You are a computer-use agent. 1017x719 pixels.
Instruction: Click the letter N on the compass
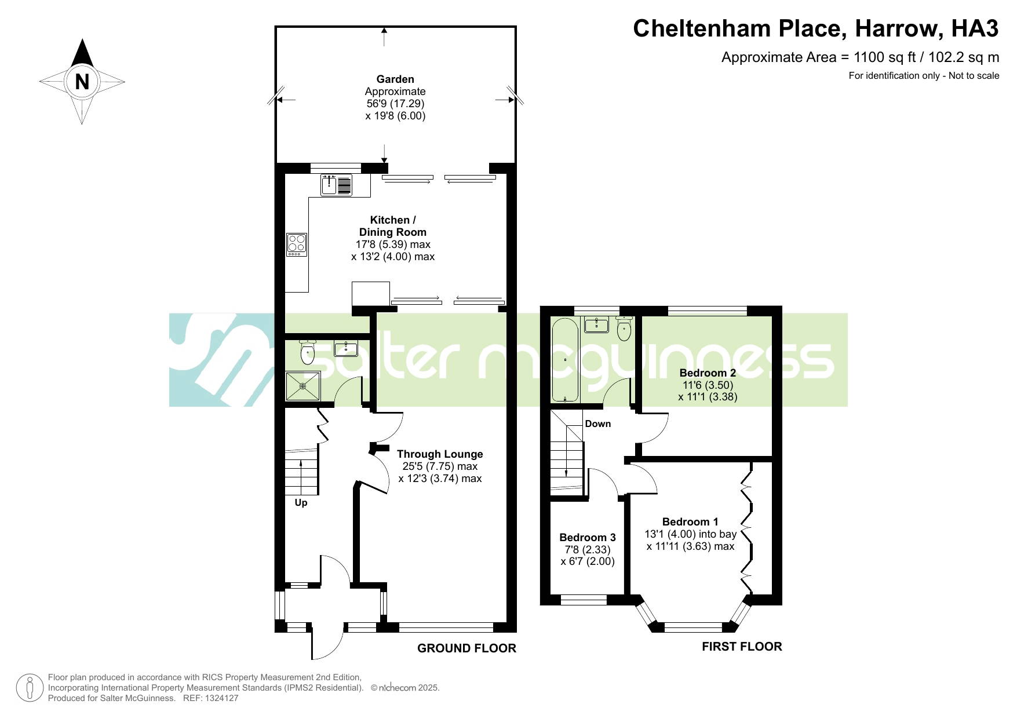82,82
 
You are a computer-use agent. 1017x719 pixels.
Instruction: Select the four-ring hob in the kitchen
297,244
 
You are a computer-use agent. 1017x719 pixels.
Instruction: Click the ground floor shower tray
302,386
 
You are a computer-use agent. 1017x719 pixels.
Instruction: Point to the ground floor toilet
307,351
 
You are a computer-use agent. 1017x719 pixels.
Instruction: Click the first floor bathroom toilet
624,329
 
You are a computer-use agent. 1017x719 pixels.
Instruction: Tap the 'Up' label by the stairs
301,503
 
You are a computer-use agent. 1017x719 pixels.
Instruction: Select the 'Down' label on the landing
598,424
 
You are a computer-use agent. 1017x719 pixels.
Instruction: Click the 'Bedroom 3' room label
588,538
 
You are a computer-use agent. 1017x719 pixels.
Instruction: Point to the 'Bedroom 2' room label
708,373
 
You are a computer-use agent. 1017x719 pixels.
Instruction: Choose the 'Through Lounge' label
440,454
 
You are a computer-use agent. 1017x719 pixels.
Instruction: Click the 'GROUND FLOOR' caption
466,648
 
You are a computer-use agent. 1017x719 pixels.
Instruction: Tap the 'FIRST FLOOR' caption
742,647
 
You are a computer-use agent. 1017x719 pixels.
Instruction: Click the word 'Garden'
395,79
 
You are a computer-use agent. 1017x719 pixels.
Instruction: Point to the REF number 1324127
219,698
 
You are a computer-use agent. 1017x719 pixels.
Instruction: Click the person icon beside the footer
29,688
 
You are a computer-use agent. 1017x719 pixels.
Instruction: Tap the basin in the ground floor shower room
346,349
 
